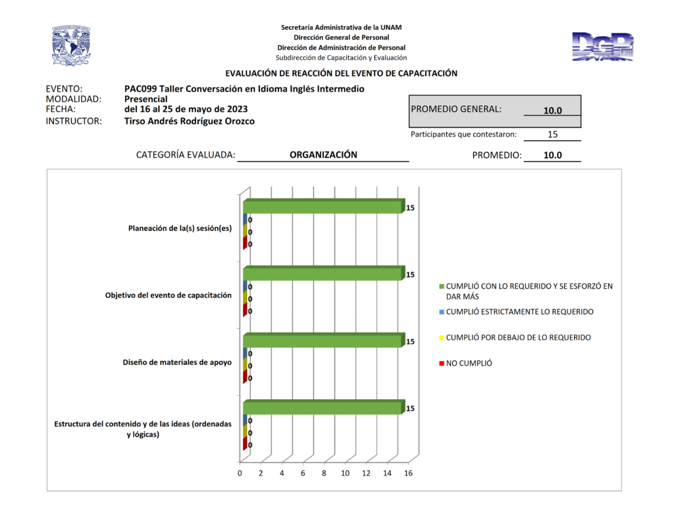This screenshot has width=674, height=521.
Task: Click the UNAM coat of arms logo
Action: [x=71, y=45]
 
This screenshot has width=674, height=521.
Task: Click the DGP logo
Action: [x=603, y=46]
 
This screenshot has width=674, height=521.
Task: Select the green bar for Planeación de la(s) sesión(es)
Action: [x=323, y=207]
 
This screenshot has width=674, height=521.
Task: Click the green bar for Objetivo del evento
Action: [x=323, y=273]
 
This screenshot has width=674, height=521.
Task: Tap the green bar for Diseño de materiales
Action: [x=323, y=341]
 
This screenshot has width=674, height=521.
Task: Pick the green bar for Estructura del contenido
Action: [x=323, y=408]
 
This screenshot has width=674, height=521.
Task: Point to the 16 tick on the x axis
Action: [x=408, y=474]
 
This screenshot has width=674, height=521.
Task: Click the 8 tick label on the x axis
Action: [x=324, y=474]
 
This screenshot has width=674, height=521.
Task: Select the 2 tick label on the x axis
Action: [x=261, y=474]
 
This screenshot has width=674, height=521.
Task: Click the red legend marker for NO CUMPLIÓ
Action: [x=441, y=364]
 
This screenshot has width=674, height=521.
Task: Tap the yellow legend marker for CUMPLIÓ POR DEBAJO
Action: [x=441, y=338]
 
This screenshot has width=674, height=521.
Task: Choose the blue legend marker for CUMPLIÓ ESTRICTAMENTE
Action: [x=441, y=312]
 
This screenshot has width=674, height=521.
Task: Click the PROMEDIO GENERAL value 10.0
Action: [x=552, y=111]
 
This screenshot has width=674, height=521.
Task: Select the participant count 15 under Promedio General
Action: [x=552, y=134]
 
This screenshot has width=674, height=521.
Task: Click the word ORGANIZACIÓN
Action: [x=323, y=155]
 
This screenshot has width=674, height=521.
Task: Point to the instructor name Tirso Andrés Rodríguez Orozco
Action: [x=189, y=121]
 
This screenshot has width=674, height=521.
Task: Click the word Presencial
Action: [x=145, y=99]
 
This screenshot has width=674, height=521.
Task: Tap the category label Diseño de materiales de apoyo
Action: [x=177, y=362]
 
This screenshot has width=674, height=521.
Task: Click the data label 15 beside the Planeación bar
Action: [x=410, y=208]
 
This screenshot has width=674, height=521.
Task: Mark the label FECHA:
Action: [x=61, y=109]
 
